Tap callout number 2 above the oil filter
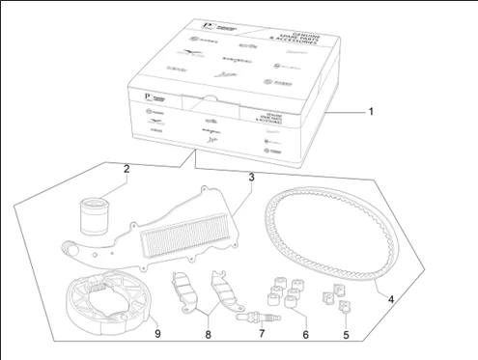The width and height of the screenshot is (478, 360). [x=127, y=170]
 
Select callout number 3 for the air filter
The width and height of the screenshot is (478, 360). [x=251, y=178]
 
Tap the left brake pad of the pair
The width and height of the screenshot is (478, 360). [x=181, y=289]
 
